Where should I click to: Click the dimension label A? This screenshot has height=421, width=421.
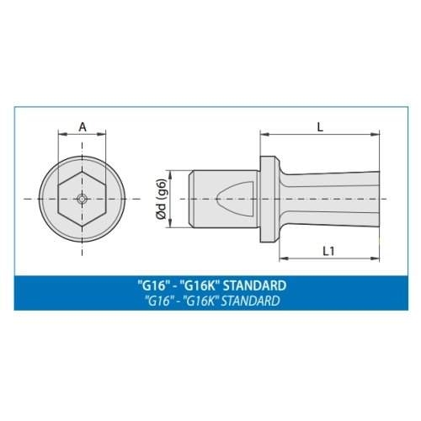pos(83,127)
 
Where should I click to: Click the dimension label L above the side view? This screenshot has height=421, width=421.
pos(320,127)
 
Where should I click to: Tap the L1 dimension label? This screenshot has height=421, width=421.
pos(328,251)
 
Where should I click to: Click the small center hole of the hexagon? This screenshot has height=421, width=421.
pos(82,199)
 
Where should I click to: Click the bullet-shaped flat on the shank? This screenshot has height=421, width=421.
pos(235,199)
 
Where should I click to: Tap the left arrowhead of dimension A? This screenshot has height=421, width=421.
pos(62,135)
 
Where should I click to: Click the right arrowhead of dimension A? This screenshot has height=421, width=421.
pos(101,135)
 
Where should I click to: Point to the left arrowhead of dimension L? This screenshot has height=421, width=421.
pos(264,135)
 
